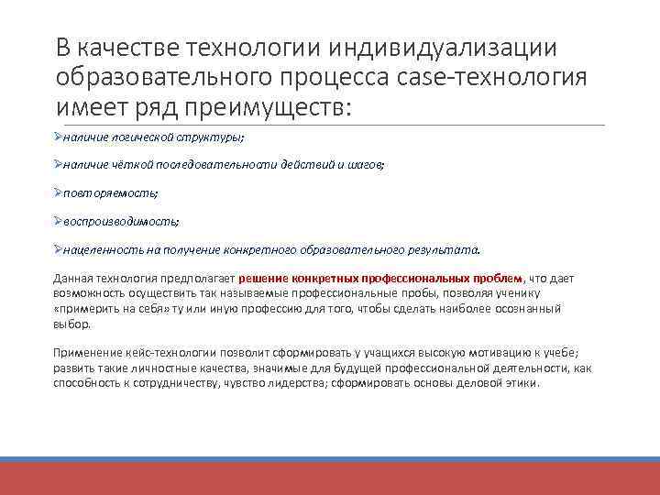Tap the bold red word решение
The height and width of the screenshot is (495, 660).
point(263,278)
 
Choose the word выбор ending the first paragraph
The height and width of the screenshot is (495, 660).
point(71,324)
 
